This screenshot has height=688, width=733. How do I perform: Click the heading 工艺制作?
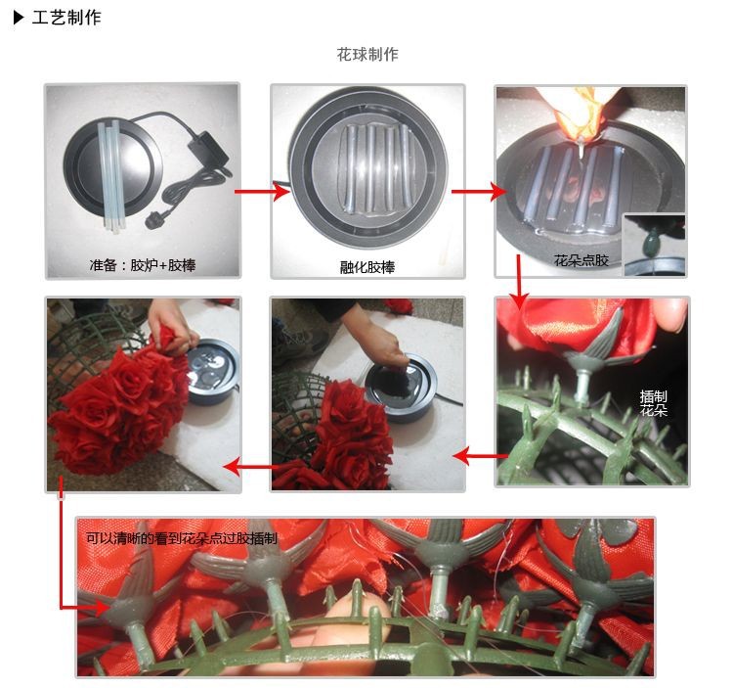point(66,18)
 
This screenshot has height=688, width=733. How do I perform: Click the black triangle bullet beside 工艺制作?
point(19,18)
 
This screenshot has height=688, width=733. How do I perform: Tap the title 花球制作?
point(367,54)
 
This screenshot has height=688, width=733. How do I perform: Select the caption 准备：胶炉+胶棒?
point(142,265)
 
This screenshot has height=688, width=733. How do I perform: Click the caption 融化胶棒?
point(367,267)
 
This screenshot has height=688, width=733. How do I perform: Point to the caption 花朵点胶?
point(582,260)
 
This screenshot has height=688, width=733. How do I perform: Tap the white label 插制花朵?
point(653,403)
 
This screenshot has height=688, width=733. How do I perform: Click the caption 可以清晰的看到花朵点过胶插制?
point(182,538)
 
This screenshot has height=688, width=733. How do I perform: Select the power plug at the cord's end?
point(154,220)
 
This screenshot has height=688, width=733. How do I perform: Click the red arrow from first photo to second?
point(262,191)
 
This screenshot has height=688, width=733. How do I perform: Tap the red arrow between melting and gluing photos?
point(479,191)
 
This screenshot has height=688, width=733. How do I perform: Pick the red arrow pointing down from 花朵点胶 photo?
point(518,282)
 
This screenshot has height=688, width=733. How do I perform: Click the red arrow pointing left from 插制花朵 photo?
point(481,456)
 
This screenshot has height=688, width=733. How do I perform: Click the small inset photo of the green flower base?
point(655,245)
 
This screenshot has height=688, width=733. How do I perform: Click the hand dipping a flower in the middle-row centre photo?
point(378,338)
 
